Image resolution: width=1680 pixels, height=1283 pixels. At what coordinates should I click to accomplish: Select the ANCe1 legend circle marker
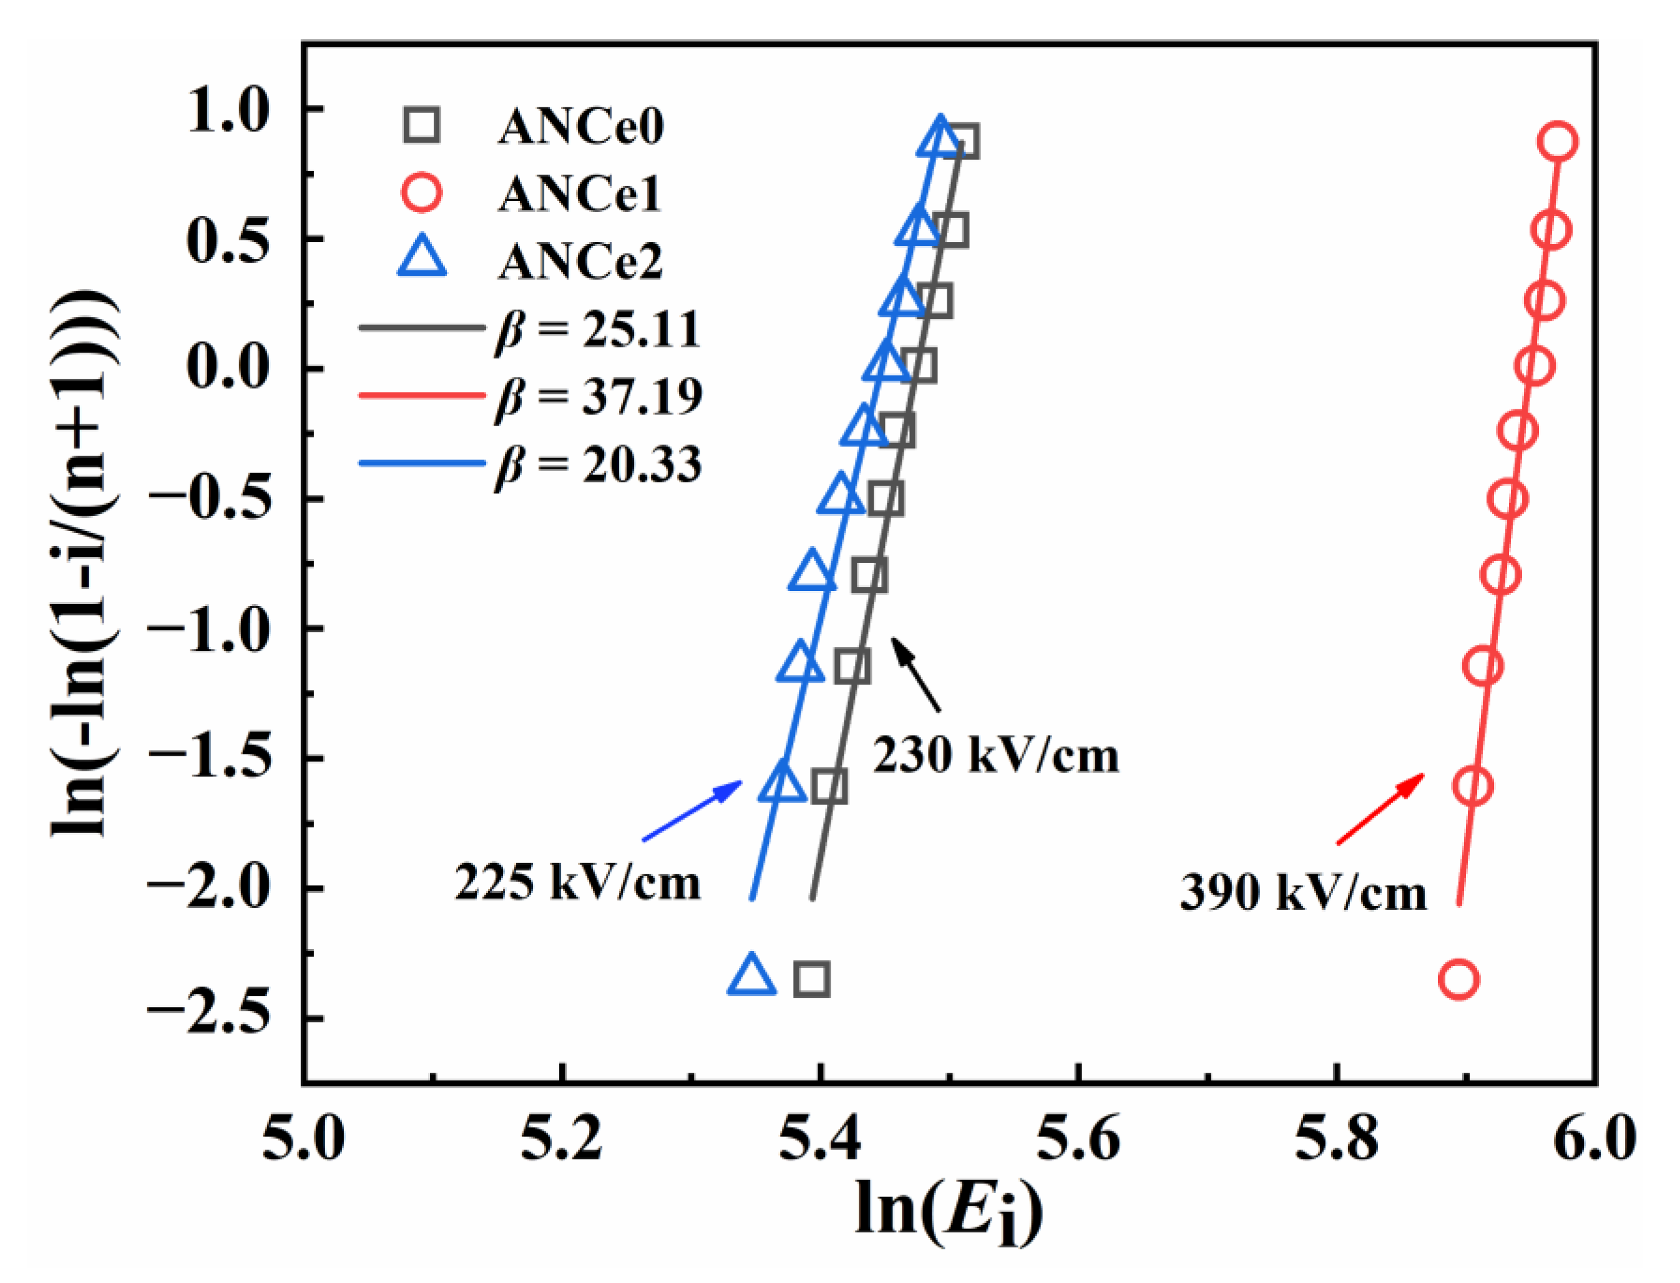[421, 192]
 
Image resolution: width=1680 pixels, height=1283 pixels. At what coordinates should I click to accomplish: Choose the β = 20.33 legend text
[598, 465]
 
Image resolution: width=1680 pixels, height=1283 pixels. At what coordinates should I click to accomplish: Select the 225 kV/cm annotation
[577, 883]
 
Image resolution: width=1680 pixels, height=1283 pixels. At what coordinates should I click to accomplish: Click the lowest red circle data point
[1458, 980]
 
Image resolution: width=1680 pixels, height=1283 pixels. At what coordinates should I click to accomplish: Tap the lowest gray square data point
[812, 979]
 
